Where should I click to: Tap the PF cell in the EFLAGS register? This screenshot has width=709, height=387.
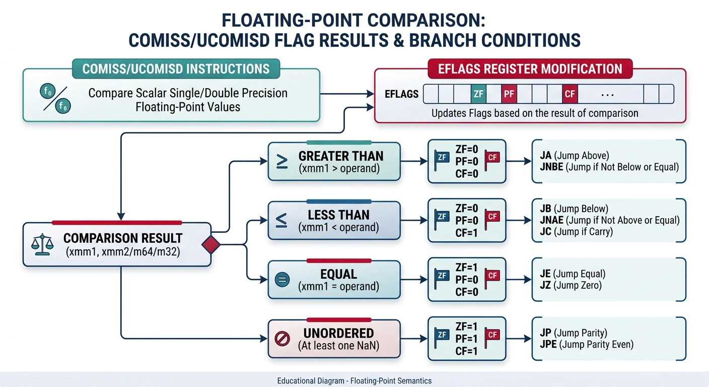coord(509,94)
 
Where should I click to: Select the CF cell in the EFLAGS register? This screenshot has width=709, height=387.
coord(570,94)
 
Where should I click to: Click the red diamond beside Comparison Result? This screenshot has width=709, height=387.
coord(211,245)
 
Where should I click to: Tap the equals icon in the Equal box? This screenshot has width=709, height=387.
coord(283,280)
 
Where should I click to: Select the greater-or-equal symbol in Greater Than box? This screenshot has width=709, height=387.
coord(282,161)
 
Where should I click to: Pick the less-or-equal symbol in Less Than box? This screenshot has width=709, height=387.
coord(282,220)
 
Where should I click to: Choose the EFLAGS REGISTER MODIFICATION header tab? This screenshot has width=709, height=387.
coord(530,69)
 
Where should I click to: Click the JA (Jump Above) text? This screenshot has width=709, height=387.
coord(571,155)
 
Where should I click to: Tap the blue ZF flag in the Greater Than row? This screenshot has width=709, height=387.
coord(442,158)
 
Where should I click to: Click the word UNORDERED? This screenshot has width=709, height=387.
coord(338,334)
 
